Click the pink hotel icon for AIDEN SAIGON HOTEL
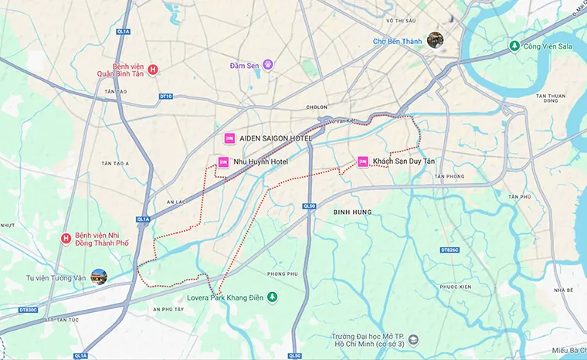click(229, 138)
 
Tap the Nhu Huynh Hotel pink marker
click(223, 162)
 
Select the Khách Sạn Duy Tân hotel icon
click(363, 161)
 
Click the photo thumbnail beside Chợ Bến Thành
click(436, 40)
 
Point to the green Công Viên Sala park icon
click(514, 47)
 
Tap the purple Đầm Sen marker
click(268, 65)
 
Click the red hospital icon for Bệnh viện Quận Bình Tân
click(153, 70)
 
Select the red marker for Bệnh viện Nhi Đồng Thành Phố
click(67, 239)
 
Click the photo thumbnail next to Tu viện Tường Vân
click(99, 277)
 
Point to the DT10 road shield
click(165, 97)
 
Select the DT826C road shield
click(450, 250)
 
